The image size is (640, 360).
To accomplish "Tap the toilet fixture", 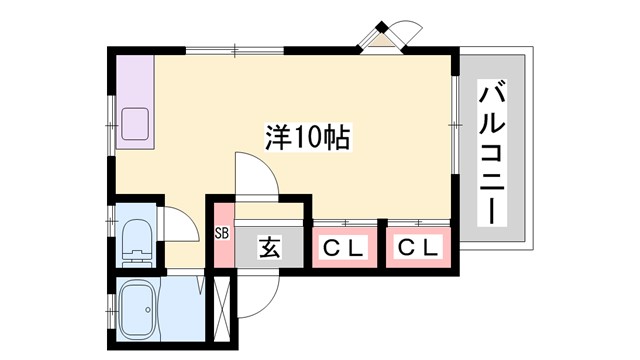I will tap(135, 240).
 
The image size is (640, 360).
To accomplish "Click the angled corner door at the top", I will tap(388, 38).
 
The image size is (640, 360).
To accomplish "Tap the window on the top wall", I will tap(234, 50).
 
